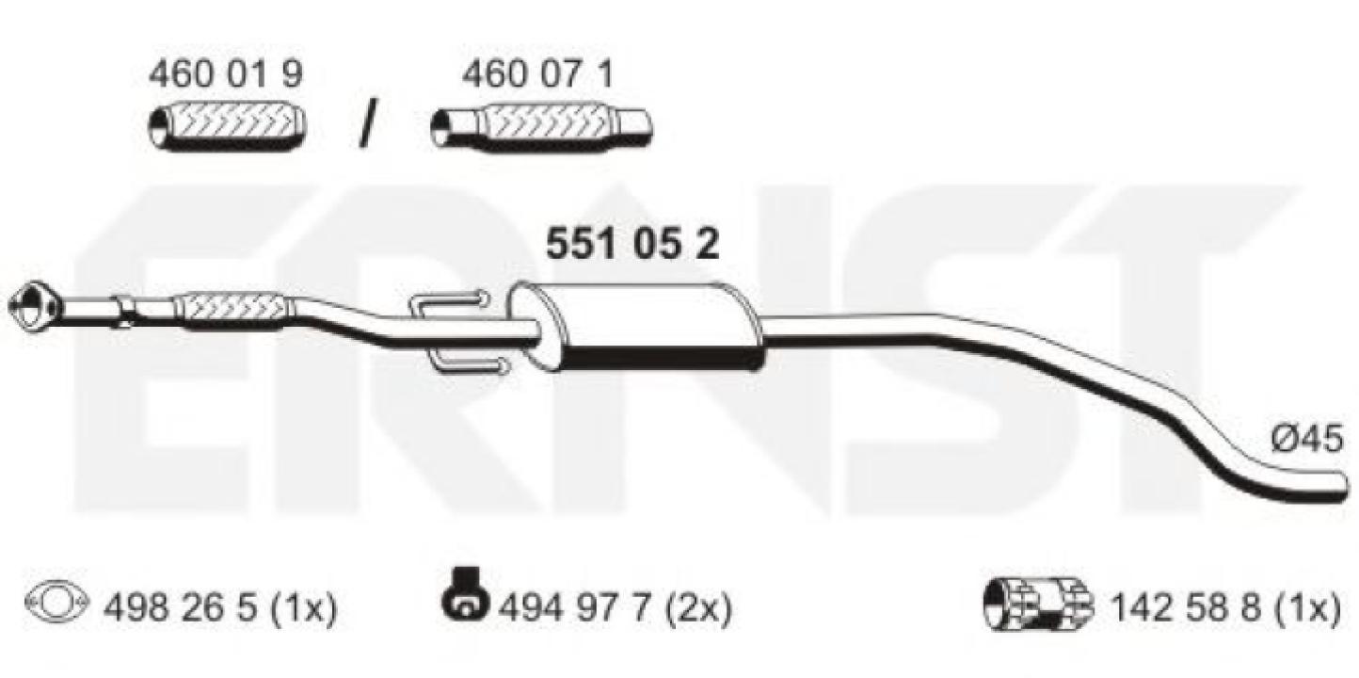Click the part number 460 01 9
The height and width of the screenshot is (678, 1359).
[x=226, y=75]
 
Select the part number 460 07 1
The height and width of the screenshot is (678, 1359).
[x=537, y=75]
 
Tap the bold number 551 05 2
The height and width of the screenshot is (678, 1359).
[x=632, y=244]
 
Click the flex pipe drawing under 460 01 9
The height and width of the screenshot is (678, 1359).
[x=228, y=126]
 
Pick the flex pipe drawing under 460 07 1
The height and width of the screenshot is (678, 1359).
[x=542, y=127]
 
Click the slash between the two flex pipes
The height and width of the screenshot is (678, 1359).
[x=366, y=123]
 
